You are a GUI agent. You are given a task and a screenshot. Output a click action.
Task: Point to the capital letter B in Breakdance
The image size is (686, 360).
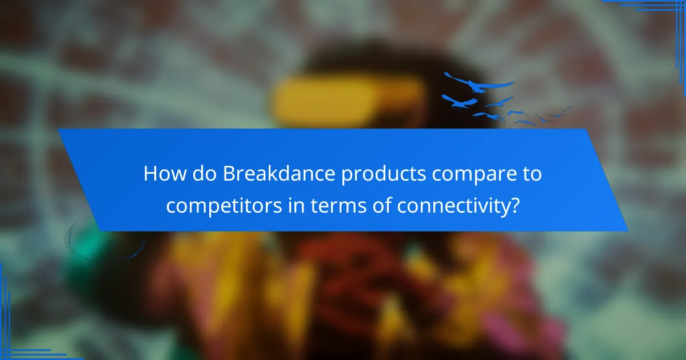(x=229, y=174)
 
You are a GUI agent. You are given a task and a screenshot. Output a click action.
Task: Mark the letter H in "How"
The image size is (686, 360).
(x=150, y=174)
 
